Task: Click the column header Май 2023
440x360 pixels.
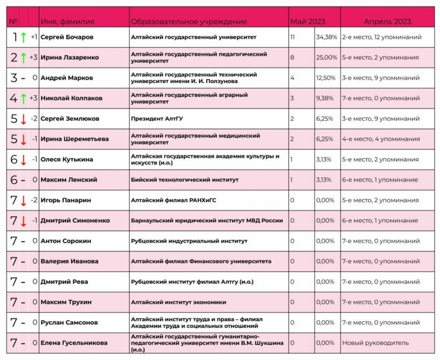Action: (307, 21)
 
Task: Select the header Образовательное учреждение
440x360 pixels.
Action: (189, 21)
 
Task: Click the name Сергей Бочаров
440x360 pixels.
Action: (67, 37)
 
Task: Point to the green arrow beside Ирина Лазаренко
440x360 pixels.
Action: (24, 57)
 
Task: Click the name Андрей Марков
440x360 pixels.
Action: (67, 78)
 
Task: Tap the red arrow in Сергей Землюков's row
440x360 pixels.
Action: (24, 119)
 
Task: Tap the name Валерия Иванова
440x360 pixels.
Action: (69, 261)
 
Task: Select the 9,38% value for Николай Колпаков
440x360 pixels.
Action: (324, 98)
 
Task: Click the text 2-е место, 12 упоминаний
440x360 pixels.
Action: (382, 37)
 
